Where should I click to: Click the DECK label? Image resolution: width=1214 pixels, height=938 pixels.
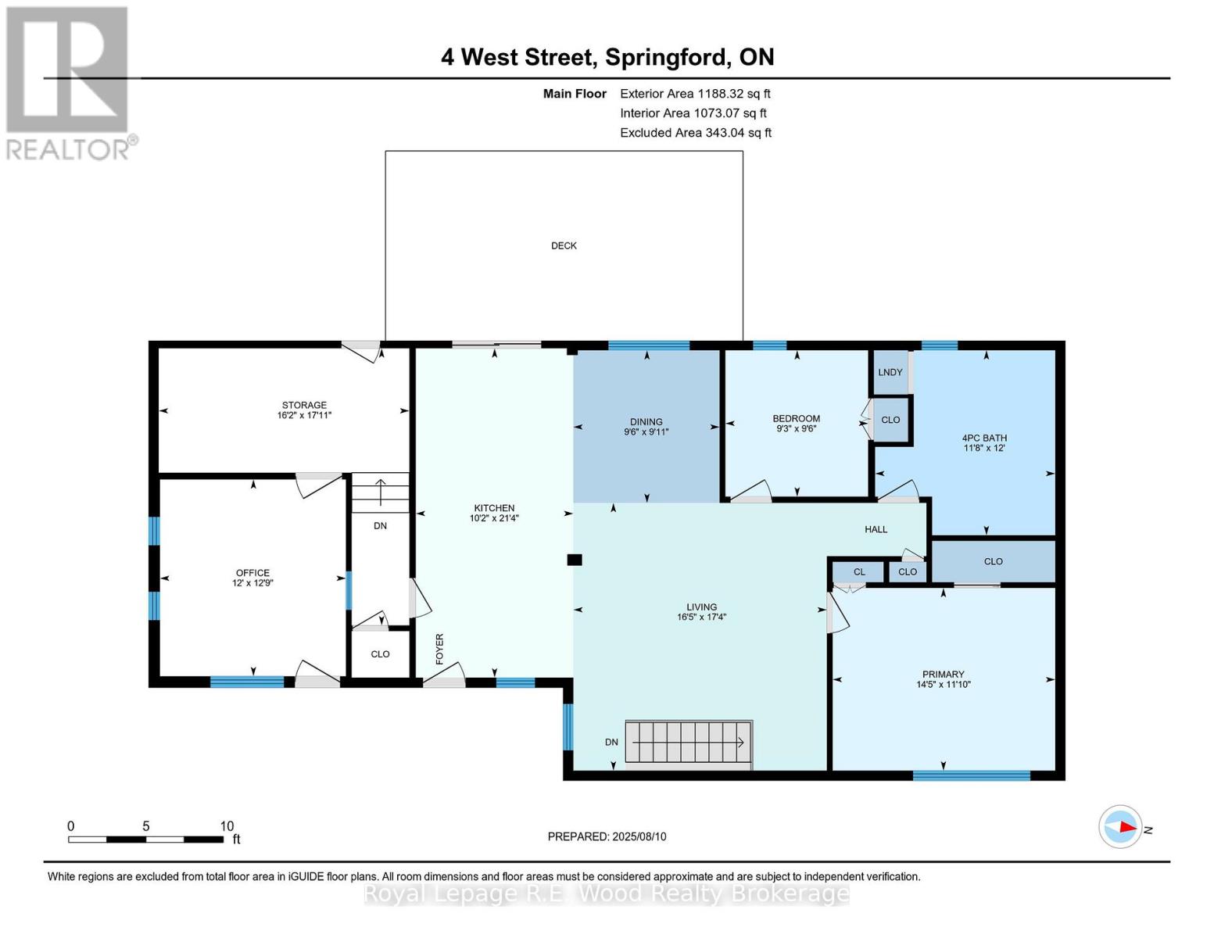point(564,245)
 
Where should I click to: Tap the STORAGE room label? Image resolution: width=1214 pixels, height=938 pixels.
point(304,405)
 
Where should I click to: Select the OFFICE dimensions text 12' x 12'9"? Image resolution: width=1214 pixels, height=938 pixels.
point(252,583)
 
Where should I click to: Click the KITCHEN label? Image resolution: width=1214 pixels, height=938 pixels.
point(494,508)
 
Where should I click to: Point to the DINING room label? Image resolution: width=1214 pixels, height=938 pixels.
point(646,421)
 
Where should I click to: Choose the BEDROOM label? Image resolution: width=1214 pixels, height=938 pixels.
point(796,418)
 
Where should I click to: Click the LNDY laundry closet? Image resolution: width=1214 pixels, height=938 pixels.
point(890,372)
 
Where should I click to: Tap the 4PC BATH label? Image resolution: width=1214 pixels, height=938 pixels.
point(984,439)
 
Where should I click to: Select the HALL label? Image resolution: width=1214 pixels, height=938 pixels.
point(876,529)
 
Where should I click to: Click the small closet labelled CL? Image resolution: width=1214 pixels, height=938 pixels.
point(859,572)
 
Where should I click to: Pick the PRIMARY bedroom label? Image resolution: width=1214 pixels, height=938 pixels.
point(943,674)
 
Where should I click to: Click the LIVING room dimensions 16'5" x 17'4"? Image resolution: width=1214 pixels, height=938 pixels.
point(701,618)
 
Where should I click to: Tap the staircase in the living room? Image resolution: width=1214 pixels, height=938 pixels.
point(688,742)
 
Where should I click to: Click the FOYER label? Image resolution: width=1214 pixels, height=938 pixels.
point(439,650)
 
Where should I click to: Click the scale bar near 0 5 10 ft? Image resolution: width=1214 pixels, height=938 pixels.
point(145,840)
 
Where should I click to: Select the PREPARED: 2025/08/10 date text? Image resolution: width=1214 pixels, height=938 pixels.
point(607,836)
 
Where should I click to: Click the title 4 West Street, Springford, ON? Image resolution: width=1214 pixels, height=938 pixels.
point(607,57)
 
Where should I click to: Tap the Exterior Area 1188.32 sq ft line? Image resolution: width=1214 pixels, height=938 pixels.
point(695,94)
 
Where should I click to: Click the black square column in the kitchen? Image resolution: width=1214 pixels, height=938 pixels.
point(575,560)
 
